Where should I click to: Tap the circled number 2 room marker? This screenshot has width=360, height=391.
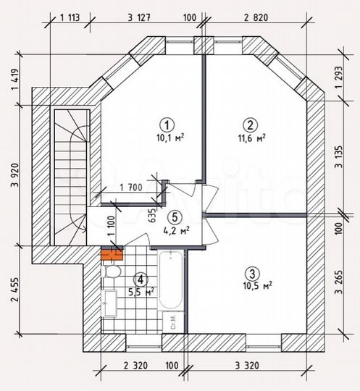tap(250, 123)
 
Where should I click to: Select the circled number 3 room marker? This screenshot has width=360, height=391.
tap(251, 273)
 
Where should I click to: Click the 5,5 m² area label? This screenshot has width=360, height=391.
tap(141, 292)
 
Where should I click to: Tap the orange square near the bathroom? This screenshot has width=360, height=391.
tap(112, 253)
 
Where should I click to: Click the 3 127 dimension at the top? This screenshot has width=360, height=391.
tap(139, 18)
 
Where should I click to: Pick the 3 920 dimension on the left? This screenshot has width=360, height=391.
tap(14, 185)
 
